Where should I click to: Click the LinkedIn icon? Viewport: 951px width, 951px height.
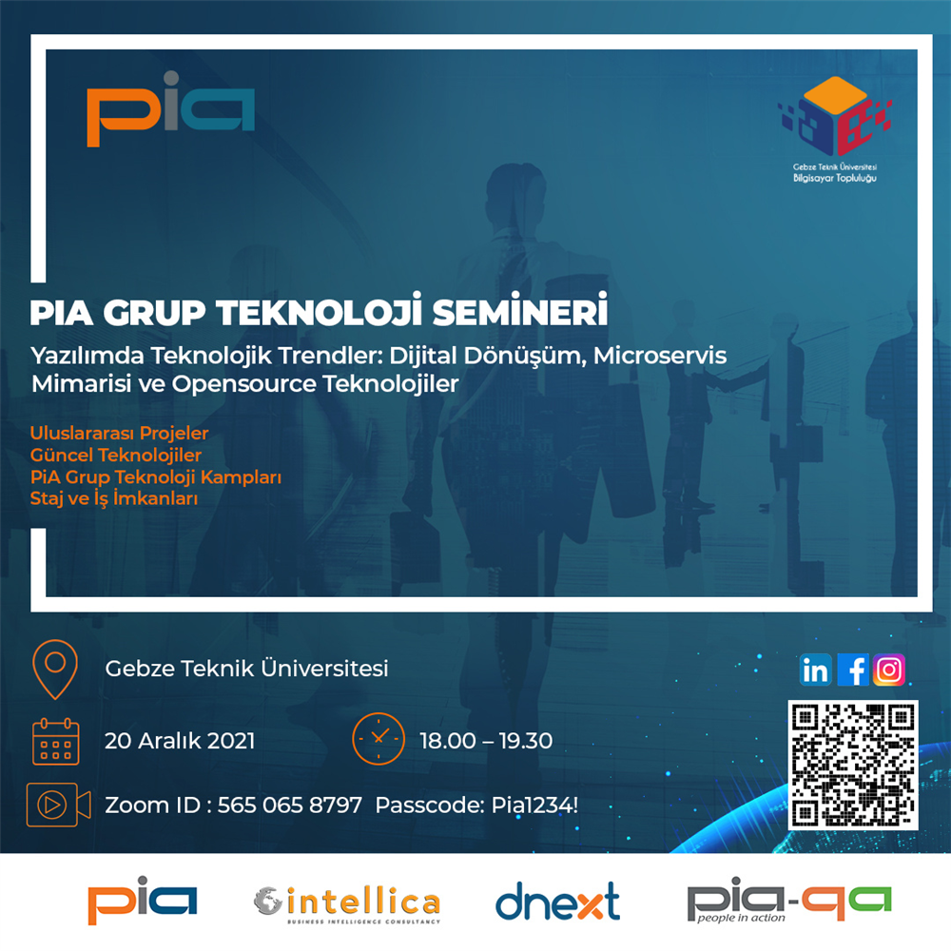click(x=815, y=670)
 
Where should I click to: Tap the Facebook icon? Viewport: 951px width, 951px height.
click(x=853, y=670)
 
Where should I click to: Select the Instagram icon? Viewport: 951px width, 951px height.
click(x=889, y=670)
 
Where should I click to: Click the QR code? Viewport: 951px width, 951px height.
click(x=853, y=765)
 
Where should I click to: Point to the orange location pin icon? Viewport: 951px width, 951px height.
click(x=55, y=670)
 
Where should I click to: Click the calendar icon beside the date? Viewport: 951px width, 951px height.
click(x=56, y=741)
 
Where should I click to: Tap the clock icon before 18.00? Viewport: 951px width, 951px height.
click(x=378, y=738)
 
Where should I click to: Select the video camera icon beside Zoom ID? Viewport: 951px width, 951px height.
click(x=58, y=805)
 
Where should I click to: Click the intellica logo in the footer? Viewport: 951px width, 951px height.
click(x=347, y=903)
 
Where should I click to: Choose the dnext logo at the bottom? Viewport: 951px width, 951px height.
click(x=558, y=902)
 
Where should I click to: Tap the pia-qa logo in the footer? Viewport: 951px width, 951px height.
click(x=789, y=900)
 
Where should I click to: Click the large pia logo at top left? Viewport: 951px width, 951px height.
click(x=170, y=109)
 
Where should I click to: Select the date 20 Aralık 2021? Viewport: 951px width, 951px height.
click(x=180, y=741)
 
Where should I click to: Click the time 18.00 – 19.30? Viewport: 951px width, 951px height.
click(x=486, y=741)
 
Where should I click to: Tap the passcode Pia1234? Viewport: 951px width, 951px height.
click(x=534, y=805)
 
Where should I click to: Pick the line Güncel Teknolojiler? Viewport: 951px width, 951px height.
click(x=116, y=455)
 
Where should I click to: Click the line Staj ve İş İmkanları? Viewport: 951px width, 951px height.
click(x=114, y=498)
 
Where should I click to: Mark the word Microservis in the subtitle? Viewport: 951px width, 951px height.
click(x=660, y=356)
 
